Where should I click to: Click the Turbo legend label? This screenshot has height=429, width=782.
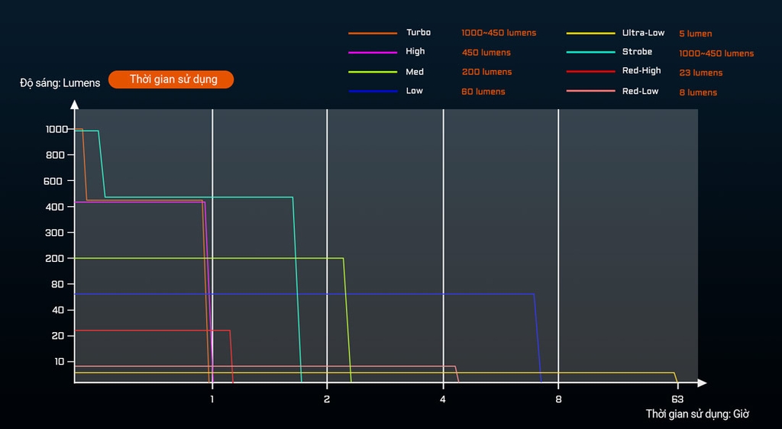tap(418, 33)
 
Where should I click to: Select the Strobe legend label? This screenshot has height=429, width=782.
tap(637, 52)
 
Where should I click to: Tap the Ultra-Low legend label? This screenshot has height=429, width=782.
tap(643, 34)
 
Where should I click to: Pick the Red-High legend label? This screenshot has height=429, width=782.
tap(641, 71)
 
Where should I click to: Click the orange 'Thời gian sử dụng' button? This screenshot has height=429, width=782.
tap(171, 79)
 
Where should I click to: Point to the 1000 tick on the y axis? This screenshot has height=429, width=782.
tap(57, 129)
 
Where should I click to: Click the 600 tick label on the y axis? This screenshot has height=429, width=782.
tap(53, 181)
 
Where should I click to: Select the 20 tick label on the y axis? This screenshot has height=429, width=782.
tap(58, 336)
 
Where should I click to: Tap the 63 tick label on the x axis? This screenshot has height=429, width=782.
tap(677, 399)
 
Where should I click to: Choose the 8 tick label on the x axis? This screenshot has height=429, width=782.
tap(558, 399)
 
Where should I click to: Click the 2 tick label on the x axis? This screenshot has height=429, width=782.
tap(327, 399)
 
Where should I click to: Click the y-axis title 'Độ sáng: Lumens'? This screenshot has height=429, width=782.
tap(60, 82)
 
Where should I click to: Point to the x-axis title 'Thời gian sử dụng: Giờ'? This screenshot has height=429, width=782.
tap(697, 414)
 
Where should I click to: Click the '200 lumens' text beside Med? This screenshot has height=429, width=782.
tap(486, 72)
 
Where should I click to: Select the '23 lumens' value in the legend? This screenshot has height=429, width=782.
tap(700, 73)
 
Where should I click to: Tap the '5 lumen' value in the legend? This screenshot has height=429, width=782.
tap(695, 34)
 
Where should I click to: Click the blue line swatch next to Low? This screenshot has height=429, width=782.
tap(373, 92)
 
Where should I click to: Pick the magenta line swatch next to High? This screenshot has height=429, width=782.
tap(373, 52)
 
